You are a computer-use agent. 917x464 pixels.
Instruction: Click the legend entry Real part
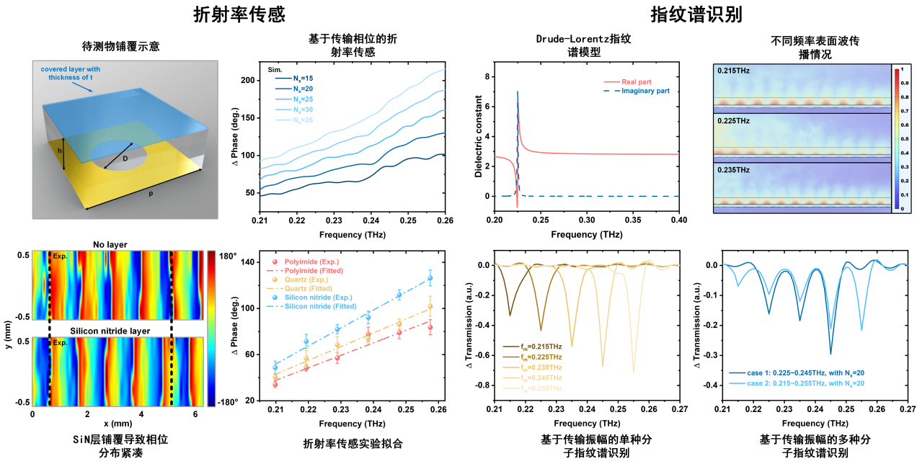coord(634,81)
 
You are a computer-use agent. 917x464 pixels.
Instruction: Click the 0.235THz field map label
coord(734,169)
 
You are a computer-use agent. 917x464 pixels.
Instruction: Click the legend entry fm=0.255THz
coord(535,388)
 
